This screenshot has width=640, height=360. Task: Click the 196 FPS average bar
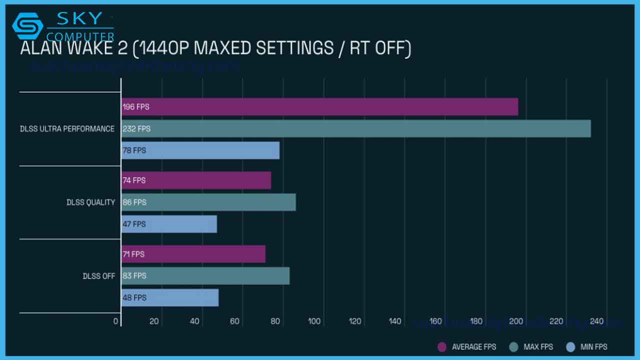pyautogui.click(x=319, y=107)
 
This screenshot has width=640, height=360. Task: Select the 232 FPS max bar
pyautogui.click(x=355, y=128)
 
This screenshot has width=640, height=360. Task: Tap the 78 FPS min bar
pyautogui.click(x=200, y=150)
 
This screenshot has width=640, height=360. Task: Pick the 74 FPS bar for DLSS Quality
pyautogui.click(x=196, y=180)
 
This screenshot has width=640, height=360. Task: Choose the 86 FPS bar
pyautogui.click(x=208, y=202)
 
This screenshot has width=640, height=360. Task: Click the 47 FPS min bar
pyautogui.click(x=169, y=224)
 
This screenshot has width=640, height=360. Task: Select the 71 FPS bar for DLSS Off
pyautogui.click(x=193, y=254)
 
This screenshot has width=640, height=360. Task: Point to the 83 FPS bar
pyautogui.click(x=205, y=275)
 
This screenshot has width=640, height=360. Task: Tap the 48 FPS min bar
pyautogui.click(x=169, y=297)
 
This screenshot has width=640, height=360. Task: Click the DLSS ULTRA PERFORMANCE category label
pyautogui.click(x=67, y=129)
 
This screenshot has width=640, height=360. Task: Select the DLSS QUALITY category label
pyautogui.click(x=90, y=202)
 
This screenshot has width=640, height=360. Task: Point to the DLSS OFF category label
pyautogui.click(x=99, y=276)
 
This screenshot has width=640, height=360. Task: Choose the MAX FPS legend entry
pyautogui.click(x=531, y=346)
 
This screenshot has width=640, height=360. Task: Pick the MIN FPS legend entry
pyautogui.click(x=587, y=346)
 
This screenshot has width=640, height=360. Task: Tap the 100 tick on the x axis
pyautogui.click(x=314, y=321)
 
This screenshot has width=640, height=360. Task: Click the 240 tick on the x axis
pyautogui.click(x=596, y=321)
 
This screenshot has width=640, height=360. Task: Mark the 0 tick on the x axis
pyautogui.click(x=116, y=321)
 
